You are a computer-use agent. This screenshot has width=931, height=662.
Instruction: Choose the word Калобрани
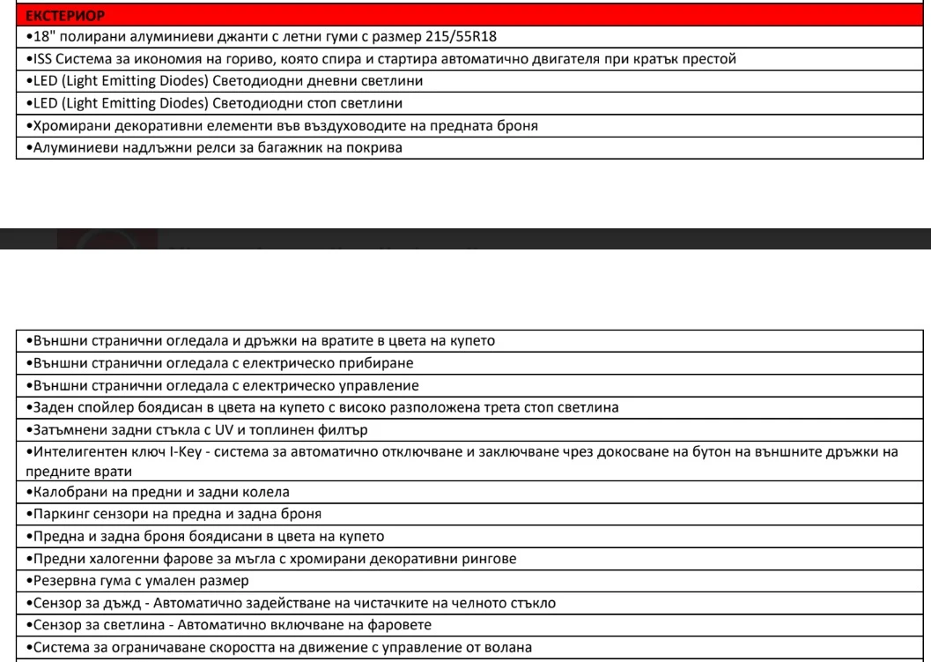click(x=61, y=492)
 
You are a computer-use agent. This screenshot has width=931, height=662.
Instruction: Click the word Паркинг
click(x=55, y=513)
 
